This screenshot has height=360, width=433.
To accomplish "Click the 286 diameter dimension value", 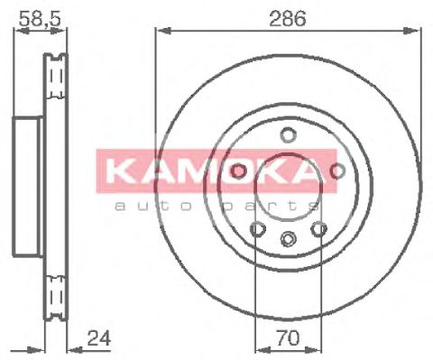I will click(x=288, y=17).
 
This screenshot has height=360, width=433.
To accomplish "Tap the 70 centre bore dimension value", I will click(x=288, y=340).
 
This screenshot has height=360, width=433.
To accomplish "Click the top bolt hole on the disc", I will click(x=289, y=136).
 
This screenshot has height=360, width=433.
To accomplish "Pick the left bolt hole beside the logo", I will click(x=239, y=171).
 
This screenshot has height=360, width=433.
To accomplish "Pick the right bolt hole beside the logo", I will click(x=338, y=171).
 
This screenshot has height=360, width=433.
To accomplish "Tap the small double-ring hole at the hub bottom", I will click(x=289, y=239).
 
